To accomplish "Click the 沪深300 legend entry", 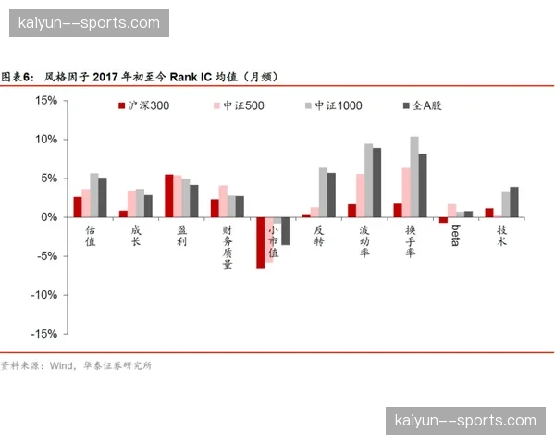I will pyautogui.click(x=149, y=105).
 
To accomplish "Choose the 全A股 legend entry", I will pyautogui.click(x=426, y=105).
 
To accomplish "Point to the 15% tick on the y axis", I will pyautogui.click(x=45, y=100).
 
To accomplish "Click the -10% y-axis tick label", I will pyautogui.click(x=43, y=295).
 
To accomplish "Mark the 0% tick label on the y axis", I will pyautogui.click(x=48, y=217).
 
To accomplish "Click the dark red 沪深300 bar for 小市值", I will pyautogui.click(x=261, y=242).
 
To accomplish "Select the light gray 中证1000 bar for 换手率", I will pyautogui.click(x=414, y=177).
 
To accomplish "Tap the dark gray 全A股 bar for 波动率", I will pyautogui.click(x=377, y=182).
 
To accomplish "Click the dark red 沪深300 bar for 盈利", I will pyautogui.click(x=169, y=195).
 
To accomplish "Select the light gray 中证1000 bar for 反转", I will pyautogui.click(x=323, y=191).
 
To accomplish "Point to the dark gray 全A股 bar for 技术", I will pyautogui.click(x=514, y=202).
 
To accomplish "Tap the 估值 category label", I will pyautogui.click(x=90, y=237).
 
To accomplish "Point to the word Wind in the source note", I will pyautogui.click(x=62, y=365).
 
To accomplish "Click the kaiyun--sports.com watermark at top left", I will pyautogui.click(x=89, y=22).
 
